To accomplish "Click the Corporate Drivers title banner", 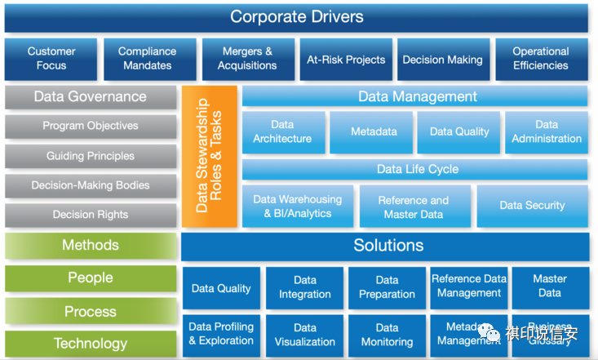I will pyautogui.click(x=296, y=17).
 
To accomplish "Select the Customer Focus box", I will pyautogui.click(x=51, y=59).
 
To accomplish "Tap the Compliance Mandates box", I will pyautogui.click(x=147, y=59).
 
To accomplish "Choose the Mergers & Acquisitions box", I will pyautogui.click(x=247, y=59).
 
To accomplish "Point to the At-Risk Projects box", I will pyautogui.click(x=346, y=60).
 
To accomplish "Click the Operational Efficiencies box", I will pyautogui.click(x=541, y=59).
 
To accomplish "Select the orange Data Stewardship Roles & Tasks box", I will pyautogui.click(x=210, y=156).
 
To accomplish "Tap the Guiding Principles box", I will pyautogui.click(x=91, y=156).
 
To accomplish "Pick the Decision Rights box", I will pyautogui.click(x=91, y=216).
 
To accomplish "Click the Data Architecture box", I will pyautogui.click(x=282, y=132).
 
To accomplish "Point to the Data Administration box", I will pyautogui.click(x=547, y=132).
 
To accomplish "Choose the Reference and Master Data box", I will pyautogui.click(x=414, y=207).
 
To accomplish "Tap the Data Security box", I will pyautogui.click(x=532, y=206).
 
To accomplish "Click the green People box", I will pyautogui.click(x=91, y=278).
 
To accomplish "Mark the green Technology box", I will pyautogui.click(x=91, y=344).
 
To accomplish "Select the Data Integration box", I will pyautogui.click(x=305, y=288).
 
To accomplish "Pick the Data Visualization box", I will pyautogui.click(x=305, y=335).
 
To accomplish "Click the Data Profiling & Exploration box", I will pyautogui.click(x=221, y=334).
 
